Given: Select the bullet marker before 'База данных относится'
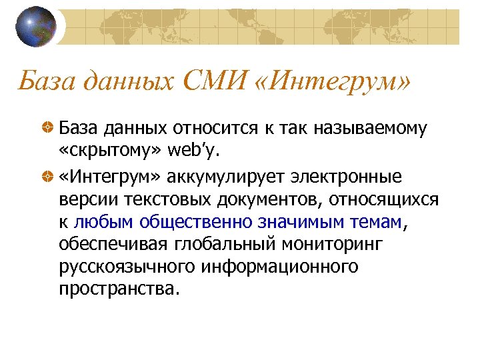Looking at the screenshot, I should [66, 128].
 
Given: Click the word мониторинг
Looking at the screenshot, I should [334, 245].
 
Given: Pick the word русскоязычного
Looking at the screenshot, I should [133, 267].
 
